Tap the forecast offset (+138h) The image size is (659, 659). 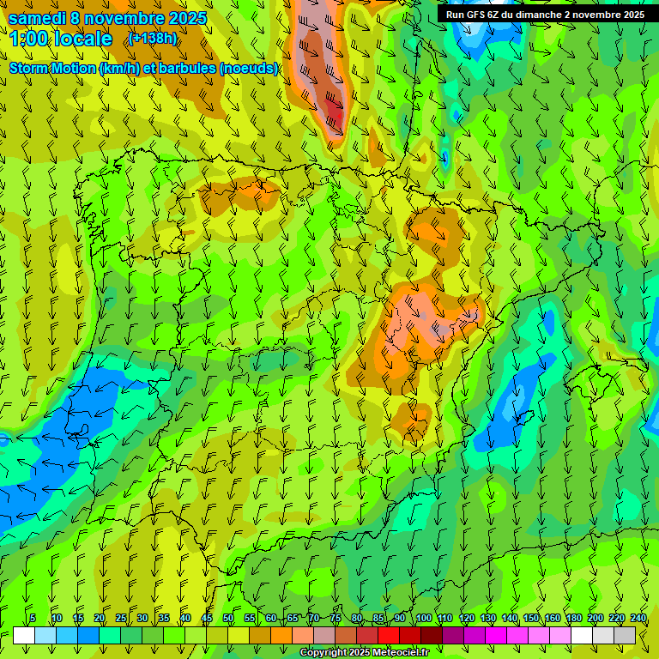(153, 39)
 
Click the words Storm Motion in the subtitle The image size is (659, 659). (53, 69)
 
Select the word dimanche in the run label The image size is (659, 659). (537, 15)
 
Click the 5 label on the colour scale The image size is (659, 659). (33, 619)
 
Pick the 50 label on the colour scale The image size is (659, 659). (228, 619)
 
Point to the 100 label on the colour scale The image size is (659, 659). (423, 619)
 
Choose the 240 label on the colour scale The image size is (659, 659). (638, 619)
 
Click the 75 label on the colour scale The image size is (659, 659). (336, 619)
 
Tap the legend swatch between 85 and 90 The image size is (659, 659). (389, 635)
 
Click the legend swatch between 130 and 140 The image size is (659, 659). (497, 635)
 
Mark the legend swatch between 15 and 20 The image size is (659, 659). (88, 635)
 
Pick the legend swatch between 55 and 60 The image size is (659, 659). (260, 635)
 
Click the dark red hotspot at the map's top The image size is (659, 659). (335, 113)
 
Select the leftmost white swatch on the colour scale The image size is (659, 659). (24, 635)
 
